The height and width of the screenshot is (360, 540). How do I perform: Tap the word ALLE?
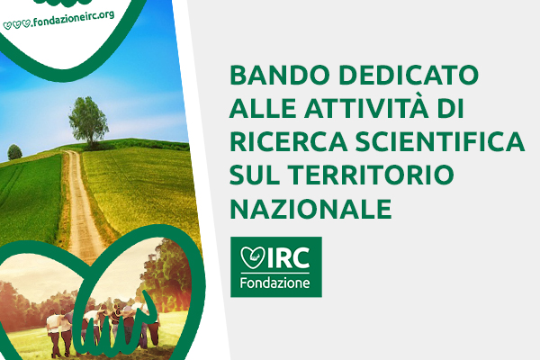tap(263, 108)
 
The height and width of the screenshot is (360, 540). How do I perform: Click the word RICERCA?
tap(289, 141)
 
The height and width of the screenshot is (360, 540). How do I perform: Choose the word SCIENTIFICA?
tap(440, 141)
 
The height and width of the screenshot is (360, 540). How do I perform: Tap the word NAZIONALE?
tap(310, 208)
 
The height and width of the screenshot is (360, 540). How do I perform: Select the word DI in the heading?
tap(451, 108)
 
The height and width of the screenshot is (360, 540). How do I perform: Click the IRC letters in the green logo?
tap(288, 257)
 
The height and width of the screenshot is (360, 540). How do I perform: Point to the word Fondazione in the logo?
tap(274, 283)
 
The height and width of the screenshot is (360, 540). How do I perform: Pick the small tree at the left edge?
tap(14, 152)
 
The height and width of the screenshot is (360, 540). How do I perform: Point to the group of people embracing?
tap(103, 328)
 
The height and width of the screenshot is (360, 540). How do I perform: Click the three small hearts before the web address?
tap(16, 25)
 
